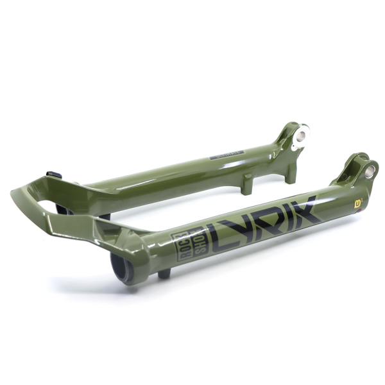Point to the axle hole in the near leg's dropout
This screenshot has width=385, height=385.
[370, 171]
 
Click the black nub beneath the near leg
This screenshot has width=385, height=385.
[164, 273]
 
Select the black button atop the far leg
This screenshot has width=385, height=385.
[54, 175]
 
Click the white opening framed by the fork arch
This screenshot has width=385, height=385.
[51, 207]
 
